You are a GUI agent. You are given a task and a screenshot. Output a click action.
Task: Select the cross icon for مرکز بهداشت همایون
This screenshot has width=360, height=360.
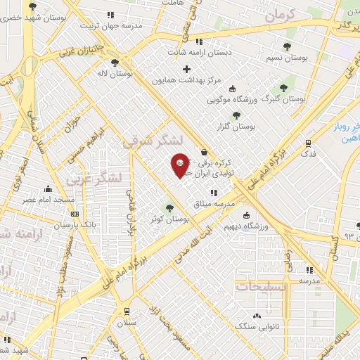pyautogui.click(x=186, y=69)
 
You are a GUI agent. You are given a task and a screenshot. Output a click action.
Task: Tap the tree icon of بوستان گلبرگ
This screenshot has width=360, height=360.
pyautogui.click(x=284, y=88)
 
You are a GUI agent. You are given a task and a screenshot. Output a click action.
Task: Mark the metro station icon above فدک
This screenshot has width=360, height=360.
pyautogui.click(x=308, y=142)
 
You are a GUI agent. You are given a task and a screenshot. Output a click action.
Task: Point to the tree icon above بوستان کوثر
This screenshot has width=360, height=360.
pyautogui.click(x=169, y=208)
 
